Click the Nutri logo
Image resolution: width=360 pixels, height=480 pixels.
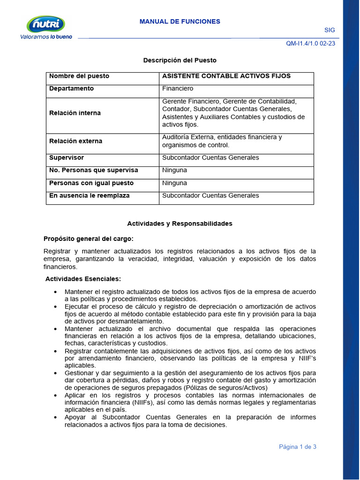tap(46, 24)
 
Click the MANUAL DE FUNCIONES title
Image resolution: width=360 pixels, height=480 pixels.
tap(180, 22)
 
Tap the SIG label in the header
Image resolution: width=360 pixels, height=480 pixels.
tap(330, 30)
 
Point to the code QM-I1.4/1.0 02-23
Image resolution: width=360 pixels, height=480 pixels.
tap(310, 44)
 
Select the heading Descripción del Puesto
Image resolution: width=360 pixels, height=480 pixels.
tap(180, 60)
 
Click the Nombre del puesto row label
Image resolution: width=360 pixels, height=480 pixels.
tap(79, 76)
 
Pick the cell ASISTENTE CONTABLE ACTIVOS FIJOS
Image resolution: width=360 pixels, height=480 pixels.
tap(226, 76)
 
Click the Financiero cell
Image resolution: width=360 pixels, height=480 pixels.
tap(178, 89)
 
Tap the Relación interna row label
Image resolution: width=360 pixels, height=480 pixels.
tap(75, 113)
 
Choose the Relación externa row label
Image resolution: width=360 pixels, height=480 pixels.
tap(75, 141)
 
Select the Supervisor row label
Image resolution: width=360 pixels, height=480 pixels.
tap(67, 157)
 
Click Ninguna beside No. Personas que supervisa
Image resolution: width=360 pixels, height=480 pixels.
tap(174, 170)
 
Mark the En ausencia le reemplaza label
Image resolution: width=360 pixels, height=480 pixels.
tap(90, 195)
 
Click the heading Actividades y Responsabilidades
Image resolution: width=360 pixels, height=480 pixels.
tap(180, 224)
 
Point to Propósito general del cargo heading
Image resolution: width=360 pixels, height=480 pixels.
tap(89, 239)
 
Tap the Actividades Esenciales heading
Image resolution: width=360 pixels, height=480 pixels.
tap(83, 279)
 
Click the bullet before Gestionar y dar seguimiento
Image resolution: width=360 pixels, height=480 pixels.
tap(56, 373)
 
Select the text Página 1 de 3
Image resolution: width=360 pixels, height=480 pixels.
tap(298, 447)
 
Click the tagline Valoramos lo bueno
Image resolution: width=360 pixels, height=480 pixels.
tap(46, 37)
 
